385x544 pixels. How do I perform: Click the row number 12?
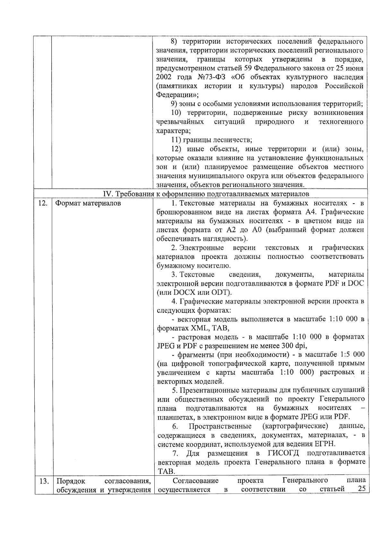[x=43, y=203]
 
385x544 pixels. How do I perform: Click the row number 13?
[x=44, y=481]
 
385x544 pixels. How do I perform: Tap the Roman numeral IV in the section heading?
[x=107, y=194]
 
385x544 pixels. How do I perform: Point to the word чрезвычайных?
[x=180, y=122]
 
